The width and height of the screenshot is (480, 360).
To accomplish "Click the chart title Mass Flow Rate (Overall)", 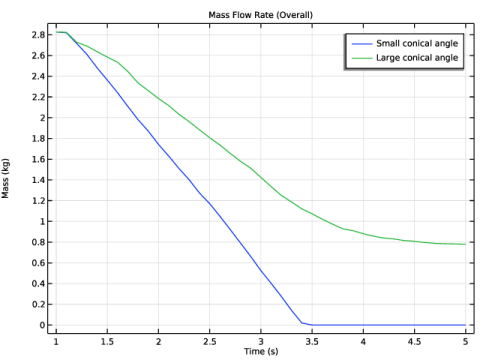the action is [x=261, y=15].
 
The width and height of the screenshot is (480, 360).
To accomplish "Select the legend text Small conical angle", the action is [x=417, y=43].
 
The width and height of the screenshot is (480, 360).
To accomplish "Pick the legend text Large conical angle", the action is [x=417, y=58].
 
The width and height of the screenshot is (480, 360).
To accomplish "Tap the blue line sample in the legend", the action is [x=362, y=44].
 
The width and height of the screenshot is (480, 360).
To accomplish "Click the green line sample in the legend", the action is [x=362, y=58].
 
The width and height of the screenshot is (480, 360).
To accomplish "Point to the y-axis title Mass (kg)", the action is [x=5, y=178].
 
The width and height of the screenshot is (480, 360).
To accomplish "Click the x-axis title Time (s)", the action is [x=261, y=351].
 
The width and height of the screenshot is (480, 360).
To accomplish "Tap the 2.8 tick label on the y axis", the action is [x=38, y=35].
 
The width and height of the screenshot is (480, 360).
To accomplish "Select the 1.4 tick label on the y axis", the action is [x=38, y=180].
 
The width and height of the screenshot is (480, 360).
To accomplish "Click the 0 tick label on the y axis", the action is [x=42, y=325].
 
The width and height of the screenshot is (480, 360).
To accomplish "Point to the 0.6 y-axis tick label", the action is [x=38, y=263].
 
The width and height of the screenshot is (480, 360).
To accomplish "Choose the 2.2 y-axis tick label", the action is [x=38, y=97].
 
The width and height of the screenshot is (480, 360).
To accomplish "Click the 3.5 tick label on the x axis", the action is [x=312, y=342].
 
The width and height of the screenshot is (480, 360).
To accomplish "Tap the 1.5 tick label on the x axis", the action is [x=107, y=342].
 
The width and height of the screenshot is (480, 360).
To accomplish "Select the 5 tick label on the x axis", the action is [x=466, y=342].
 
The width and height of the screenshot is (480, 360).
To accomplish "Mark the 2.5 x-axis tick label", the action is [x=210, y=342].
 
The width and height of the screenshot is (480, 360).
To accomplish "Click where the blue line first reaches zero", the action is [x=312, y=325].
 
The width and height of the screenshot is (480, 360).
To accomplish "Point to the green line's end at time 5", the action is [x=465, y=244].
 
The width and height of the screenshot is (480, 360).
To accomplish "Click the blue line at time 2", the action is [x=158, y=145].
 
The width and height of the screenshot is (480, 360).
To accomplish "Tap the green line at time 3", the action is [x=261, y=178].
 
